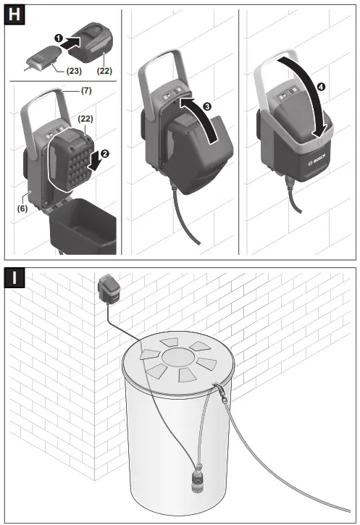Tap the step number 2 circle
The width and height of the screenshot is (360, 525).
(x=105, y=153)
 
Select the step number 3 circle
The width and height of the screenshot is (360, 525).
(x=208, y=106)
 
